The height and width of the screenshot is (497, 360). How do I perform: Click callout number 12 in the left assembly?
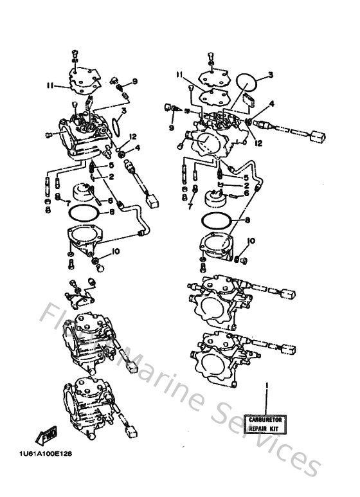click(133, 137)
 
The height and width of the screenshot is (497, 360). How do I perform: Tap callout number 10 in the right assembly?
click(251, 241)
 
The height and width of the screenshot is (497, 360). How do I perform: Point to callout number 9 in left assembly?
click(135, 81)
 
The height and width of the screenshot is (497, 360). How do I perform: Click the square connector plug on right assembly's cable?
click(316, 137)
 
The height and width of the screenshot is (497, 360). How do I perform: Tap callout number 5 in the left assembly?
click(111, 165)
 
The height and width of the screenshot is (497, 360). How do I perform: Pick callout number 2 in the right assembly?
click(246, 185)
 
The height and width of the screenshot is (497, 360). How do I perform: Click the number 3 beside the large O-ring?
click(271, 75)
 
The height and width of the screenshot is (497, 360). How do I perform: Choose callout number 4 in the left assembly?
click(137, 149)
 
